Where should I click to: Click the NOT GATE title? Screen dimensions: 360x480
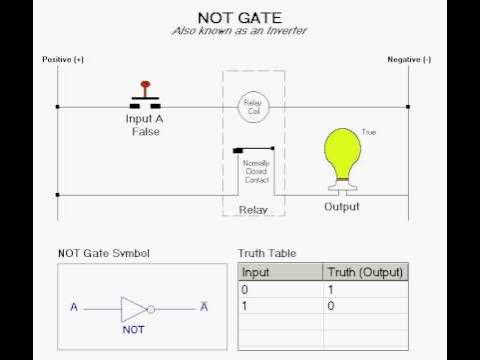[x=239, y=18]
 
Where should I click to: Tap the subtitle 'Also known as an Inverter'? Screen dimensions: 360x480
[x=239, y=32]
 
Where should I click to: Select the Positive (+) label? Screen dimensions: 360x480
[x=63, y=60]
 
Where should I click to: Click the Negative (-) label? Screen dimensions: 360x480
[x=409, y=60]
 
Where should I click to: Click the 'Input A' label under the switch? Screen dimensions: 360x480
[x=145, y=119]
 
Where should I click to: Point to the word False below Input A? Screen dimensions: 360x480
[x=145, y=131]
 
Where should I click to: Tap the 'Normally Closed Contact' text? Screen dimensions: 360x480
[x=256, y=171]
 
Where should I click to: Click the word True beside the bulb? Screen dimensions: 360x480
[x=369, y=133]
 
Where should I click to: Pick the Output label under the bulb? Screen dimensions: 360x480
[x=342, y=207]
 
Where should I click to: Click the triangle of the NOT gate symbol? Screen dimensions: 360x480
[x=133, y=307]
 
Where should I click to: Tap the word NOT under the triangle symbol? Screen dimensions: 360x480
[x=134, y=328]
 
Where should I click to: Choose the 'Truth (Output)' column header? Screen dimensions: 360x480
[x=365, y=272]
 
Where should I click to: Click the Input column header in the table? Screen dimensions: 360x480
[x=258, y=272]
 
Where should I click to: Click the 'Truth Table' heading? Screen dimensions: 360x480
[x=267, y=254]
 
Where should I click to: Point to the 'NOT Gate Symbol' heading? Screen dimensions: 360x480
[x=103, y=254]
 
